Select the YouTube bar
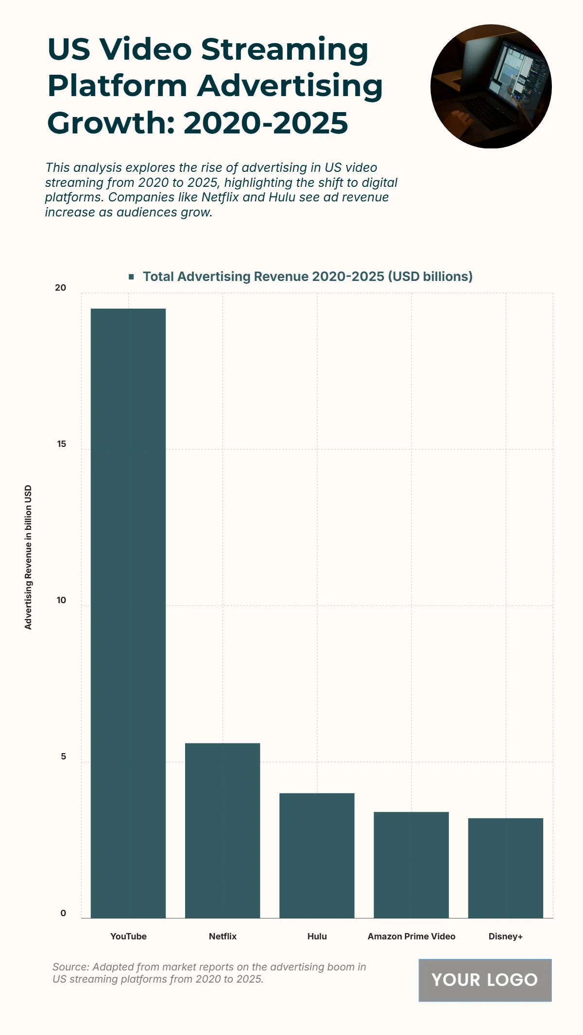[x=128, y=613]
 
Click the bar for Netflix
[x=223, y=830]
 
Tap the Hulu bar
[x=317, y=855]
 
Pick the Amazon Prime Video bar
[x=411, y=865]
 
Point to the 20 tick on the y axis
[x=61, y=288]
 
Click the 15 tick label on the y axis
[x=61, y=444]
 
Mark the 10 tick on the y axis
[x=61, y=600]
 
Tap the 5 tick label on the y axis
[x=63, y=756]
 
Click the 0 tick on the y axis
[x=63, y=913]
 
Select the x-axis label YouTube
[x=128, y=936]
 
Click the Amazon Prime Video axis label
[x=411, y=936]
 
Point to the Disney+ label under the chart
[x=505, y=936]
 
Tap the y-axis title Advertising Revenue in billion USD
[x=28, y=557]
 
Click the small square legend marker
[x=131, y=277]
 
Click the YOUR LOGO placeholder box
[x=485, y=980]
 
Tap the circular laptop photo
[x=491, y=86]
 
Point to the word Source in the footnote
[x=70, y=967]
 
